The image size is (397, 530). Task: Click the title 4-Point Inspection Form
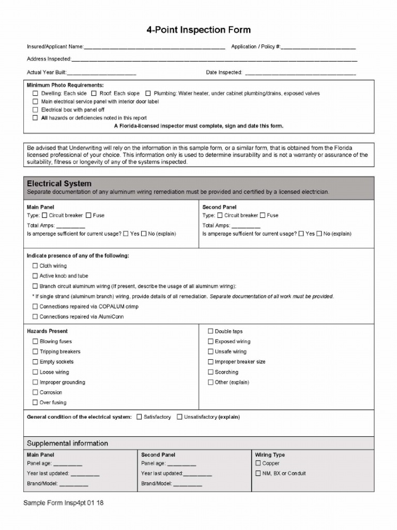tap(198, 31)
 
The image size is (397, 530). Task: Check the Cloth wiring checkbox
tap(35, 266)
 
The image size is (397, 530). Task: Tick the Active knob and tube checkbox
tap(35, 276)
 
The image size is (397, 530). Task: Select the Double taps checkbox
tap(210, 331)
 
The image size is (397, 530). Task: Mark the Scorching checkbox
tap(210, 372)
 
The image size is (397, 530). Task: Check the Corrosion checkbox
tap(35, 392)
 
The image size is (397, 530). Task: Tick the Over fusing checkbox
tap(35, 403)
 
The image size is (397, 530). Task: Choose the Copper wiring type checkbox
tap(258, 463)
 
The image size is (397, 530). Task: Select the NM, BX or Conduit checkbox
tap(258, 473)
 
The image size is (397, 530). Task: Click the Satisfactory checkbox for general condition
tap(139, 417)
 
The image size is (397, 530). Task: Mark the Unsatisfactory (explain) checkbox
tap(179, 417)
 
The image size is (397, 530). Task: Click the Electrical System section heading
tap(59, 184)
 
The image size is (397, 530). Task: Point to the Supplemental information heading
tap(67, 444)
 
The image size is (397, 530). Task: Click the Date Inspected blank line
tap(300, 73)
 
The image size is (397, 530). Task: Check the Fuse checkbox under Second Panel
tap(263, 215)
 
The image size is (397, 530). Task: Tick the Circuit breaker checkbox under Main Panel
tap(44, 215)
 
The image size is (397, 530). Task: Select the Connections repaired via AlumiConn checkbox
tap(35, 317)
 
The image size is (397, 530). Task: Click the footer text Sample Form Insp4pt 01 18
tap(64, 503)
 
